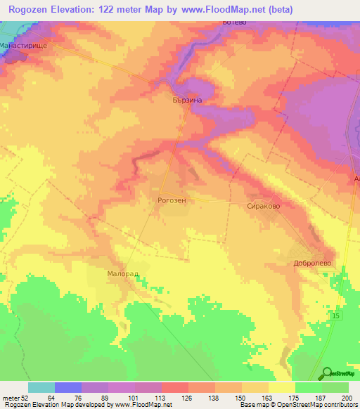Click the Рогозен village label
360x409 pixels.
pos(172,200)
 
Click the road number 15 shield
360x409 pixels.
pos(336,319)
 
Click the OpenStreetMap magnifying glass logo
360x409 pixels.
pos(326,374)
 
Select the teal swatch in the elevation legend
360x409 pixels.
pos(41,387)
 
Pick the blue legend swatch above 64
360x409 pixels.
pos(68,387)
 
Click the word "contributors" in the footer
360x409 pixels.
pos(340,405)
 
